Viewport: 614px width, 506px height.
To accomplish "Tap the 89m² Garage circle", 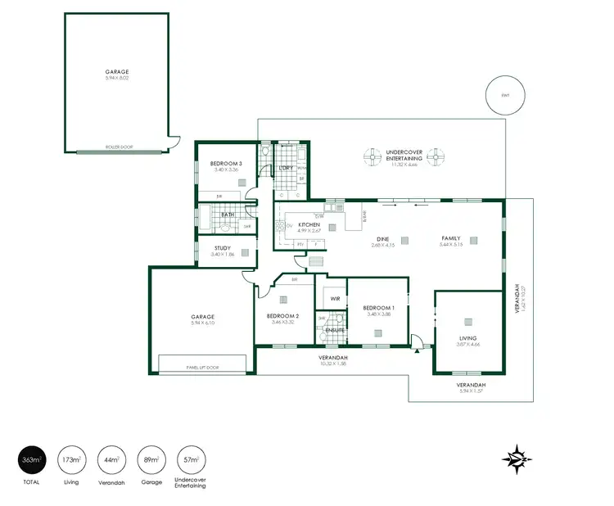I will click(151, 461).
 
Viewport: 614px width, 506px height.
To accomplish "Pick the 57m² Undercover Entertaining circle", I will click(192, 461).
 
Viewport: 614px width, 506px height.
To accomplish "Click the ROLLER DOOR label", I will click(119, 148).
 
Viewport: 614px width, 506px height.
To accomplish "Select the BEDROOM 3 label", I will click(226, 164).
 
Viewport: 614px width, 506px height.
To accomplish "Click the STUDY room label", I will click(222, 248).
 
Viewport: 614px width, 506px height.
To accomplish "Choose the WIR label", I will click(335, 300).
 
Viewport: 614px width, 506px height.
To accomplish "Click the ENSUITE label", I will click(335, 330).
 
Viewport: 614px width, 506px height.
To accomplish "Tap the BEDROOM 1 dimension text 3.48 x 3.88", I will click(377, 314).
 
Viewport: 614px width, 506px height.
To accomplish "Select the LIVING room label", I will click(467, 337).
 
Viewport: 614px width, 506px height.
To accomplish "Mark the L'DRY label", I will click(286, 168).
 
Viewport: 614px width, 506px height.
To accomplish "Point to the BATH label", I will click(228, 215).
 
